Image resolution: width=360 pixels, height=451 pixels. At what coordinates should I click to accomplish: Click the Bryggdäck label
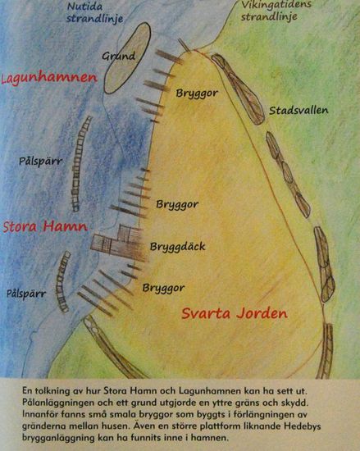point(175,246)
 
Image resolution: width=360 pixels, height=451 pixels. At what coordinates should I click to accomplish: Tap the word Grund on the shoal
point(118,57)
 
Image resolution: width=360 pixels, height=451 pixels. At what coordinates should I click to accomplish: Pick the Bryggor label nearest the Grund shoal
point(196,93)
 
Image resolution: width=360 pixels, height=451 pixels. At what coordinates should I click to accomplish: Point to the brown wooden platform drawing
point(113,246)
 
